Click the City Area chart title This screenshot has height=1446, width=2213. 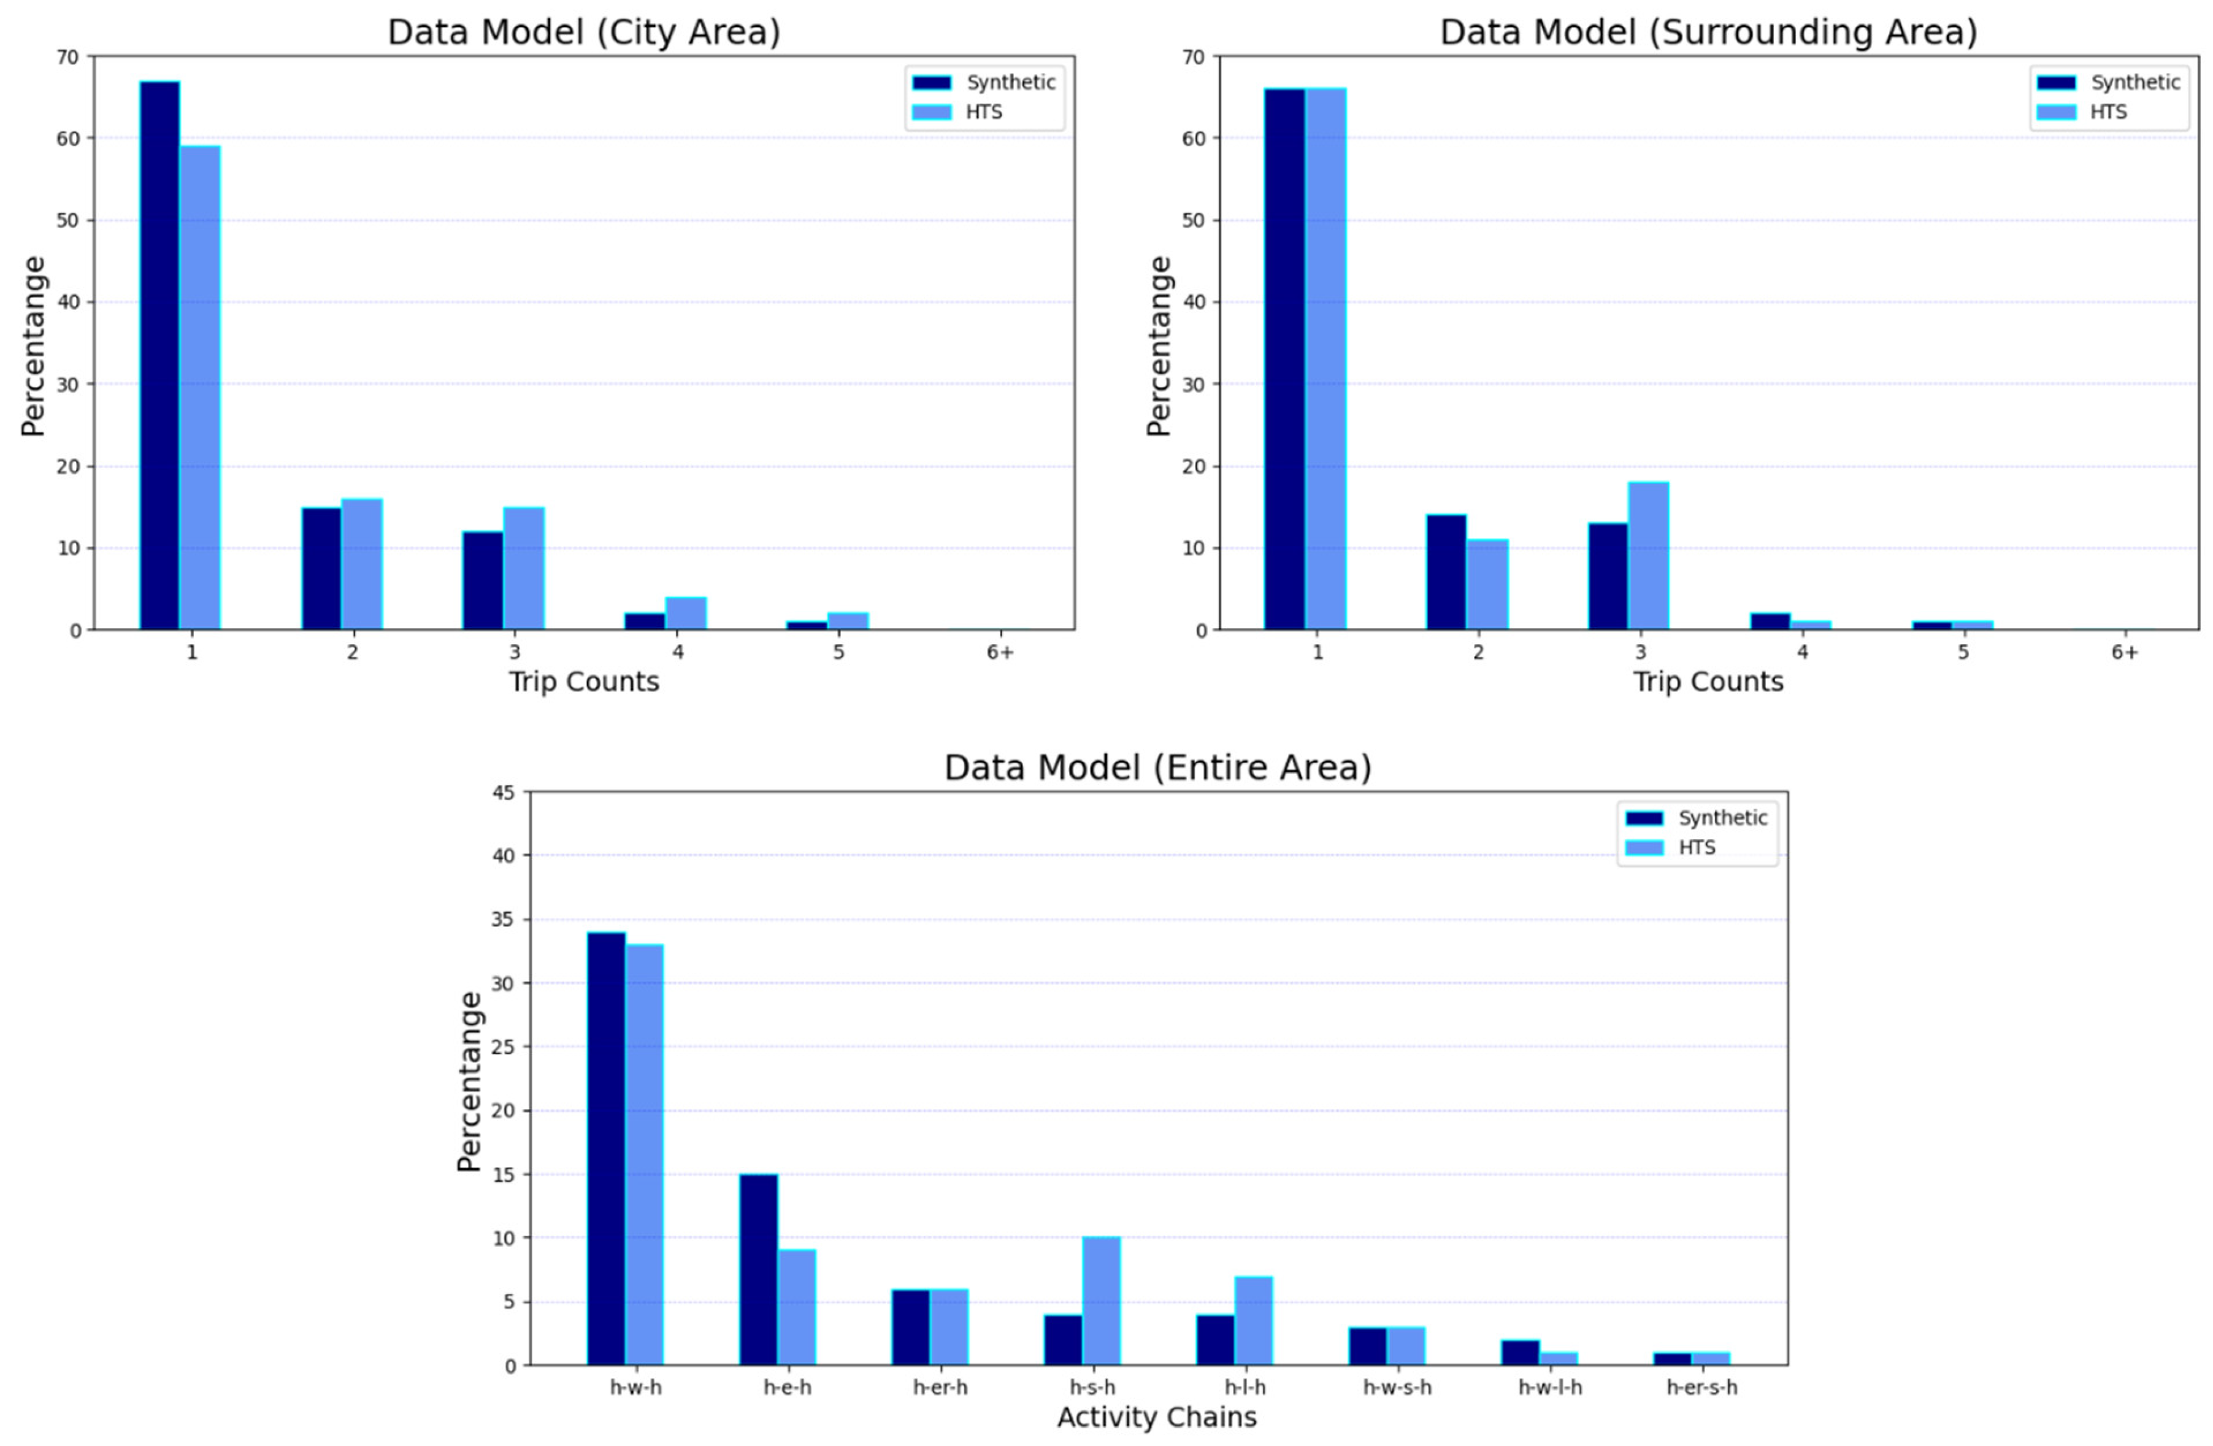point(583,33)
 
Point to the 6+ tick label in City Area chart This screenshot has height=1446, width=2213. point(1000,653)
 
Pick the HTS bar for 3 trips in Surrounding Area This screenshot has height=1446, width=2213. point(1649,556)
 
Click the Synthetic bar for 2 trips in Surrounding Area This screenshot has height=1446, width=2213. point(1446,572)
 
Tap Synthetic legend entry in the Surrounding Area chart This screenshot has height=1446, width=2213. point(2135,83)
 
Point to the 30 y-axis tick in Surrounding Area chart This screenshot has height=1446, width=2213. point(1194,384)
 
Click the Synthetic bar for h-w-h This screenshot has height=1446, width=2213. point(606,1148)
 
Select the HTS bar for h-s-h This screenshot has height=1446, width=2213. point(1101,1301)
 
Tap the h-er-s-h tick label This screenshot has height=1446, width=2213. point(1701,1388)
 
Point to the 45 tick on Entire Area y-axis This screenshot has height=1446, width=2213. point(503,792)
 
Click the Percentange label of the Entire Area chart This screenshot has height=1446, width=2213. point(470,1080)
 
